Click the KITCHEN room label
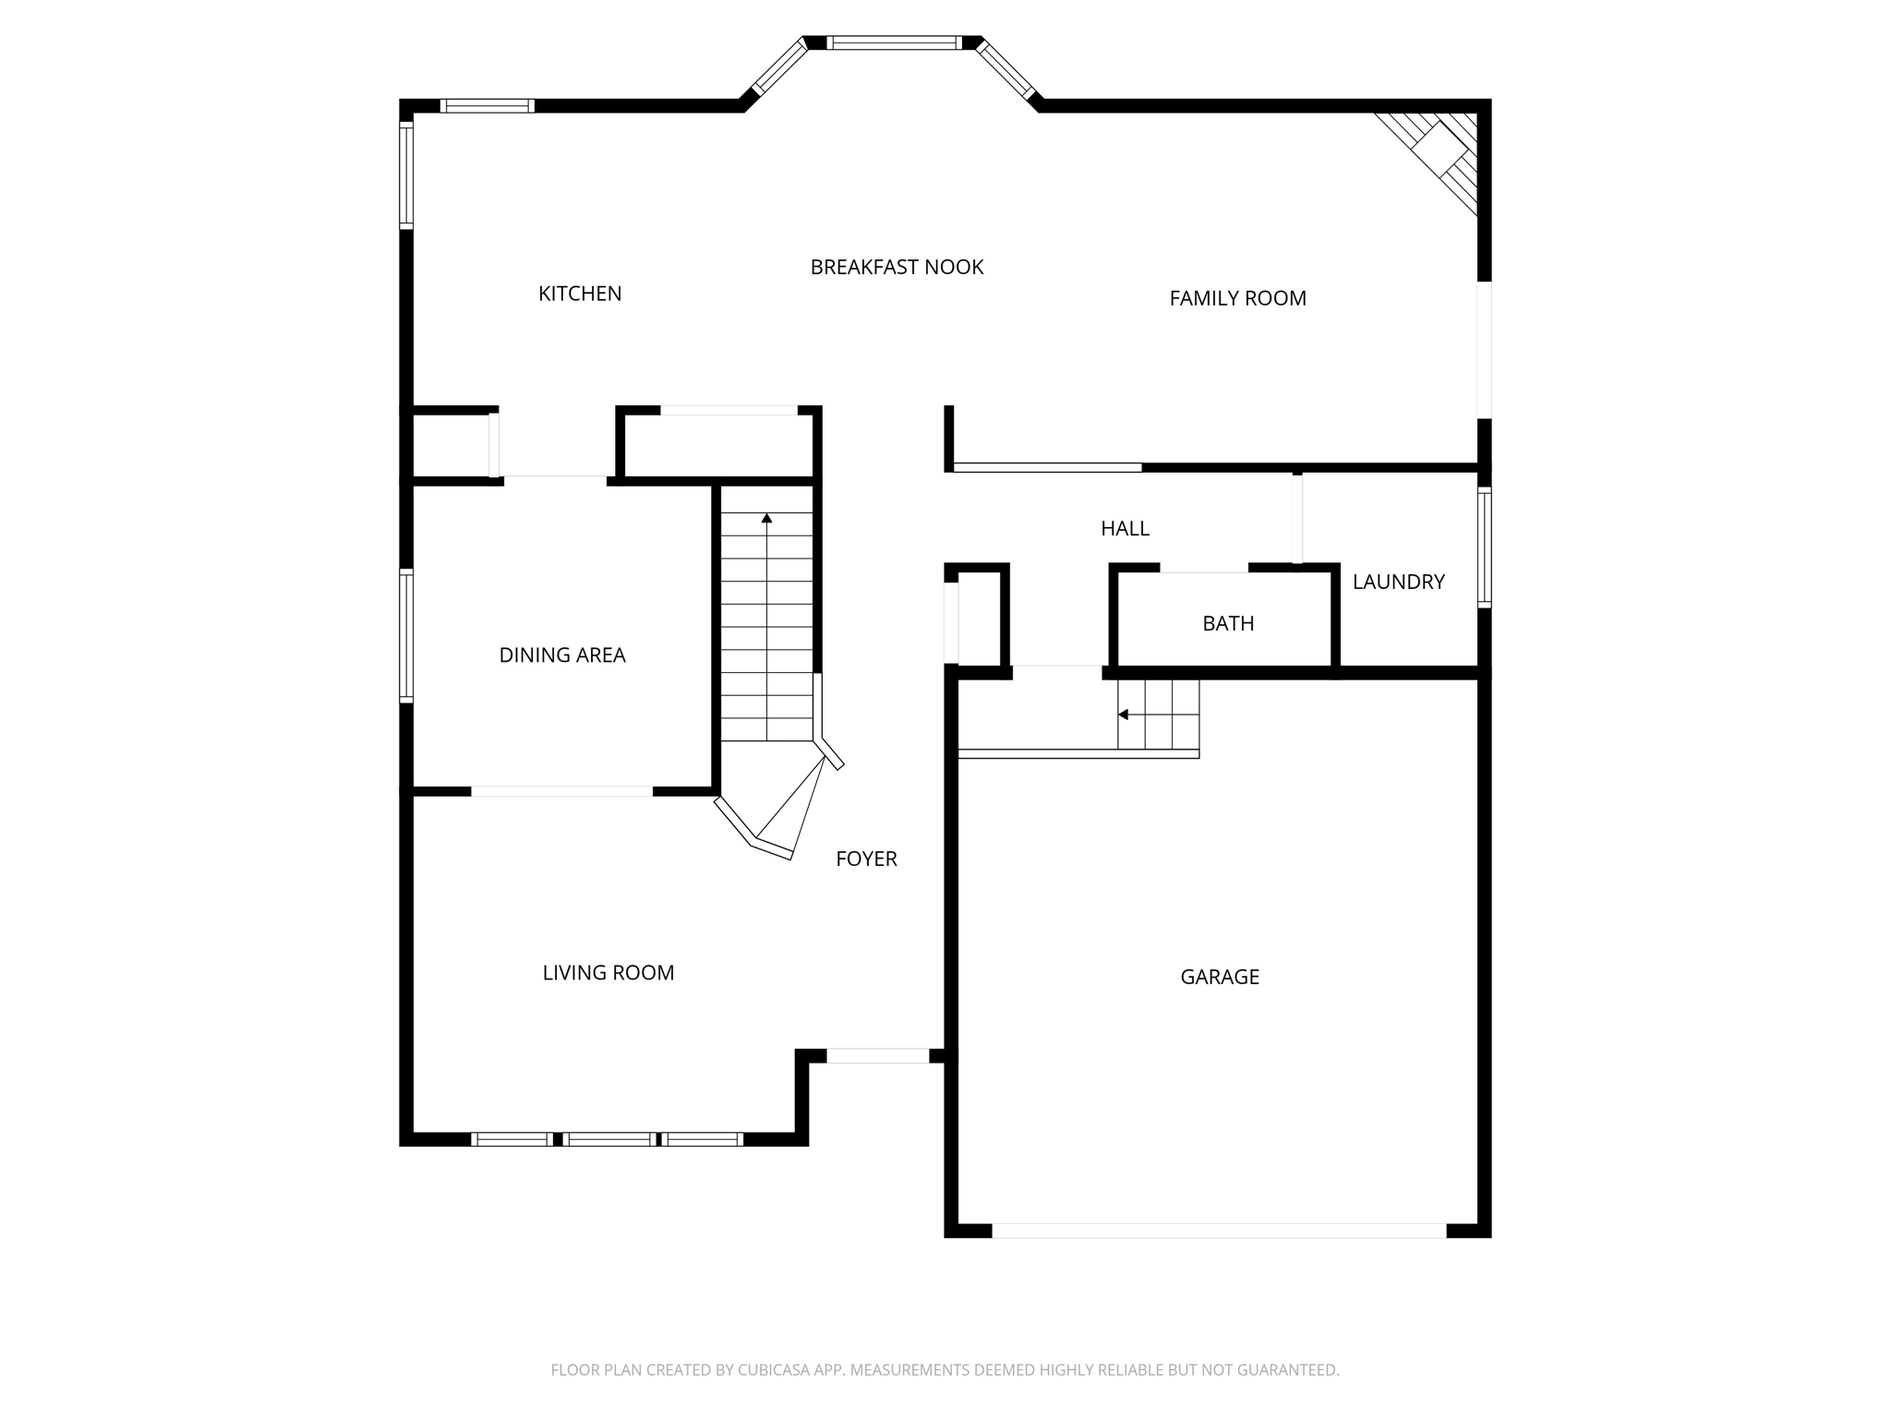click(580, 294)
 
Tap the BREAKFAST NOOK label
click(897, 268)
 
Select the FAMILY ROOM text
click(1237, 298)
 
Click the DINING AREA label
click(562, 655)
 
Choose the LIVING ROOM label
click(608, 973)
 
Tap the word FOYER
click(866, 859)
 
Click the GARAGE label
click(1219, 977)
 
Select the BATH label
click(1228, 624)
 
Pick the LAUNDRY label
click(1398, 582)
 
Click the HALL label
click(1125, 529)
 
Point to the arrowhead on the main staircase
click(766, 519)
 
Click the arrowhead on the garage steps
click(1123, 715)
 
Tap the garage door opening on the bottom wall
click(1219, 1230)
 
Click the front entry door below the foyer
click(877, 1056)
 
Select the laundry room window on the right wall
click(1484, 547)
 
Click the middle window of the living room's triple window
click(608, 1139)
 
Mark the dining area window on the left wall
click(406, 636)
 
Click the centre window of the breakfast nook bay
click(894, 42)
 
